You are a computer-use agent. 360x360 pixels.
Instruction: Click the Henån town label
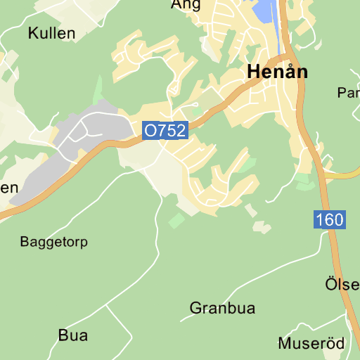[x=278, y=72]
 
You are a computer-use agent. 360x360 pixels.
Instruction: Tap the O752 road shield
[x=165, y=131]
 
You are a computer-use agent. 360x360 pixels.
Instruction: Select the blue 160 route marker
[x=330, y=220]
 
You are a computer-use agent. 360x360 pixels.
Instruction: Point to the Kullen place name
[x=51, y=33]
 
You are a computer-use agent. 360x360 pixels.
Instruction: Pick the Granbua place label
[x=222, y=308]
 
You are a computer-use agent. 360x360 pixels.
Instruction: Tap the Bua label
[x=73, y=335]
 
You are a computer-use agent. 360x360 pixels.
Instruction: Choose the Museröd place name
[x=311, y=344]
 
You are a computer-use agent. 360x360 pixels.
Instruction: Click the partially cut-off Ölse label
[x=342, y=285]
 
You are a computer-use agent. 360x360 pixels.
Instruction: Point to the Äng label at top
[x=186, y=5]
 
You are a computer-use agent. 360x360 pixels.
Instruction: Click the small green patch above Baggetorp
[x=176, y=220]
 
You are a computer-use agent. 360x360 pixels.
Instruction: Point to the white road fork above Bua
[x=106, y=306]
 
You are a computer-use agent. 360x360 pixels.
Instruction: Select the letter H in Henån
[x=254, y=73]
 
